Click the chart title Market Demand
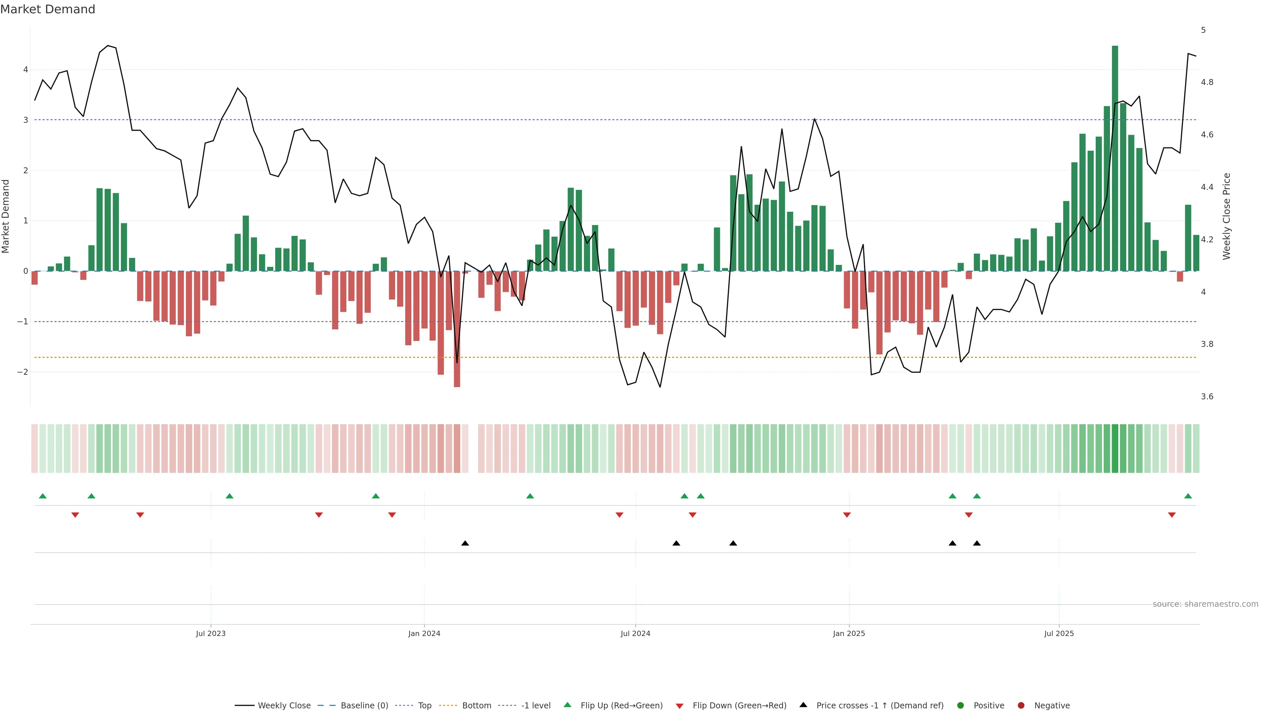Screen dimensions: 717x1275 pos(47,9)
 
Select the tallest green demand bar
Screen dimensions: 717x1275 pos(1115,158)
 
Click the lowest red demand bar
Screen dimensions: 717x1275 pos(457,329)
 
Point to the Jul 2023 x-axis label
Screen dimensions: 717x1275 pos(211,633)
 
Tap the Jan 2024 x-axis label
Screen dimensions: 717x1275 pos(424,633)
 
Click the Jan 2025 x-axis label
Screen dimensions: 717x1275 pos(849,633)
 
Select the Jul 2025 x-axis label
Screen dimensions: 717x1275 pos(1059,633)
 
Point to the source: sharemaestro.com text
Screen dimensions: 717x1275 pos(1205,604)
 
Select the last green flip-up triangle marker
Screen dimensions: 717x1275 pos(1188,496)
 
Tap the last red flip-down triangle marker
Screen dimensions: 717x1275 pos(1171,515)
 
